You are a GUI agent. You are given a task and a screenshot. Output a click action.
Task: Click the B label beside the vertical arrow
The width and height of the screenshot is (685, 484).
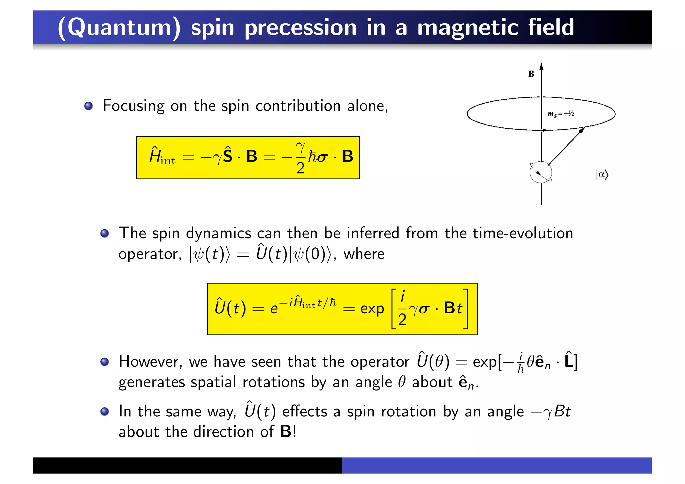531,74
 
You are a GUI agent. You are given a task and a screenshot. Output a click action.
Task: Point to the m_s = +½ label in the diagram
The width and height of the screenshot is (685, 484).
561,114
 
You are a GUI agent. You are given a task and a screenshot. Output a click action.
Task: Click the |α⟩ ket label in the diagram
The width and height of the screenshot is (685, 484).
602,175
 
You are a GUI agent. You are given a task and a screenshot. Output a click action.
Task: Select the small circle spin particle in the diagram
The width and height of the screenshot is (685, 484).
541,172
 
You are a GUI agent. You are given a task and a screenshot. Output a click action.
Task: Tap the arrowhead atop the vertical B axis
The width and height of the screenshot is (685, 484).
541,66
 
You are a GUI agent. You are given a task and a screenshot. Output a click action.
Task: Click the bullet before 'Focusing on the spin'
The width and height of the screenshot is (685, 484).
88,106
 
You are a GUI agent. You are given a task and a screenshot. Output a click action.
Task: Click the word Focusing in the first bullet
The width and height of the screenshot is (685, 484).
133,106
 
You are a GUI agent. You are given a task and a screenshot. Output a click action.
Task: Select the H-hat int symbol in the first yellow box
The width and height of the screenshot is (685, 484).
162,156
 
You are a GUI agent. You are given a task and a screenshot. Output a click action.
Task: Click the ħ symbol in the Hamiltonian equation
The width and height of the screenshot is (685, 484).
312,156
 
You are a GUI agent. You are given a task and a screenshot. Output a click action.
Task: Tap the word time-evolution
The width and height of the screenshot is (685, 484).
522,233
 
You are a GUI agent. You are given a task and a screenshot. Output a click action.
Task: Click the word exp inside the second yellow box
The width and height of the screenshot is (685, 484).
372,309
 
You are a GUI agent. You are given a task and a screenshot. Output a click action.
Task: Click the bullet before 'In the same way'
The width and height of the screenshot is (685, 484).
105,411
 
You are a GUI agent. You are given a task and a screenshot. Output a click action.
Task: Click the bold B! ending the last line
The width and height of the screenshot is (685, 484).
288,431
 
